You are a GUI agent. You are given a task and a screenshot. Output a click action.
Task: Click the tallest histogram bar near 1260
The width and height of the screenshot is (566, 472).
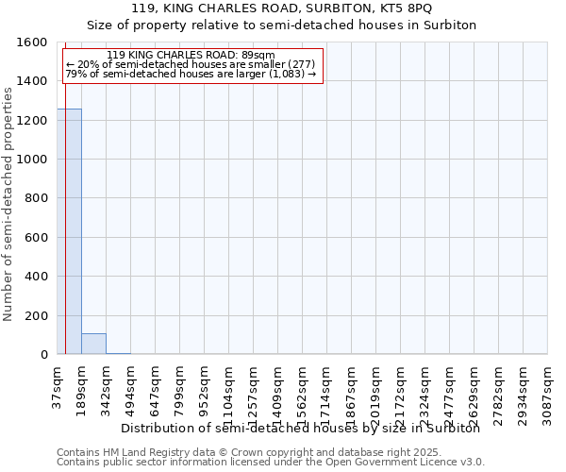click(x=69, y=231)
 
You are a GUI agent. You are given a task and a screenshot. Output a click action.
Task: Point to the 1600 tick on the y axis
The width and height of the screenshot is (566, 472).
click(x=35, y=42)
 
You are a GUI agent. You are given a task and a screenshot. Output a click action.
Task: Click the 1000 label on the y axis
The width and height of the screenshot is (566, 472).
click(x=35, y=160)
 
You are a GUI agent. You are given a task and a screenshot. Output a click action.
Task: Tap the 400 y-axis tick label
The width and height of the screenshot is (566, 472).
click(x=39, y=277)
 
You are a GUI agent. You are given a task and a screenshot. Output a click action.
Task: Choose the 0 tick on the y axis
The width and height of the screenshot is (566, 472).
click(x=45, y=355)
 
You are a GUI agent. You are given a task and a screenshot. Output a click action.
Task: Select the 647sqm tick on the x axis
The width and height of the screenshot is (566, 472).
click(x=155, y=387)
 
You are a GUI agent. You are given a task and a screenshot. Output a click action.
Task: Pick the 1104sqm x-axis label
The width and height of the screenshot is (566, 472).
click(x=228, y=391)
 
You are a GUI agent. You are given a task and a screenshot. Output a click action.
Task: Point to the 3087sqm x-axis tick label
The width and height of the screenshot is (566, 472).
click(x=547, y=391)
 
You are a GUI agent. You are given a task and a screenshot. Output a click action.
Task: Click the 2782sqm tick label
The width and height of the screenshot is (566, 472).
click(x=498, y=391)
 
